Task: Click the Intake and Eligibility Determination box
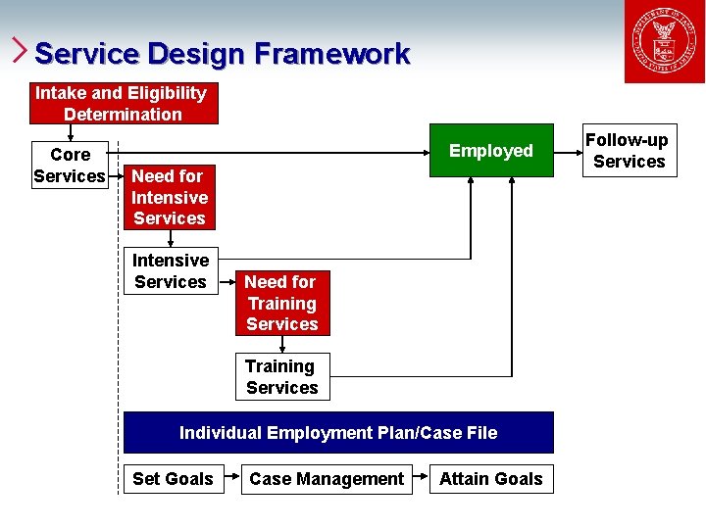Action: pos(123,103)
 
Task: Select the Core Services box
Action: pos(70,165)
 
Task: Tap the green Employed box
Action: pos(490,150)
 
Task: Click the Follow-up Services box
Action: pos(629,151)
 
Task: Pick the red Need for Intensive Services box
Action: pos(169,197)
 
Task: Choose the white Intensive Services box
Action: pos(171,270)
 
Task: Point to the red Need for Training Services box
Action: pos(282,303)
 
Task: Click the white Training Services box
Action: pos(282,376)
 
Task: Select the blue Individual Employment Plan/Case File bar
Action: pos(338,432)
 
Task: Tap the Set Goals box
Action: pos(173,478)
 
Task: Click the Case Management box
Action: pos(327,478)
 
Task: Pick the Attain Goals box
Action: pos(490,478)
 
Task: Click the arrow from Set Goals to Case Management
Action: pos(231,478)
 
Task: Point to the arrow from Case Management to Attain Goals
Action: pos(421,478)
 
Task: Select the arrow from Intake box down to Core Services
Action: pos(70,133)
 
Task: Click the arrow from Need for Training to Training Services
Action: pos(282,344)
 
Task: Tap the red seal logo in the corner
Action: pos(664,43)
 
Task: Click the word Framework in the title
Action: pos(331,53)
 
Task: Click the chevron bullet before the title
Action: pos(20,50)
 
